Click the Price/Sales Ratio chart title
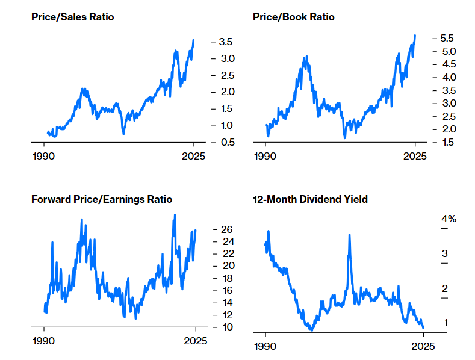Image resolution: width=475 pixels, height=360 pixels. (x=72, y=17)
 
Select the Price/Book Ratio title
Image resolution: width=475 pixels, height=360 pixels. (x=293, y=17)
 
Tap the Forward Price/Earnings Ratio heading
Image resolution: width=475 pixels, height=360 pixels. (x=101, y=199)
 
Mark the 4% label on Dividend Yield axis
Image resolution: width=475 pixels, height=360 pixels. (x=449, y=219)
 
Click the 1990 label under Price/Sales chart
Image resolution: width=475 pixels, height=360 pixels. (x=43, y=155)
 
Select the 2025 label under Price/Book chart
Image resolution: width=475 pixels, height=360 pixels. (x=414, y=155)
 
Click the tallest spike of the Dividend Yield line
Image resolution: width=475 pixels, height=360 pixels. (x=349, y=235)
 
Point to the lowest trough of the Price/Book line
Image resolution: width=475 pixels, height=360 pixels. (x=345, y=138)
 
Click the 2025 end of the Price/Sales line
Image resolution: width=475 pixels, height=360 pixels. (x=194, y=40)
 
